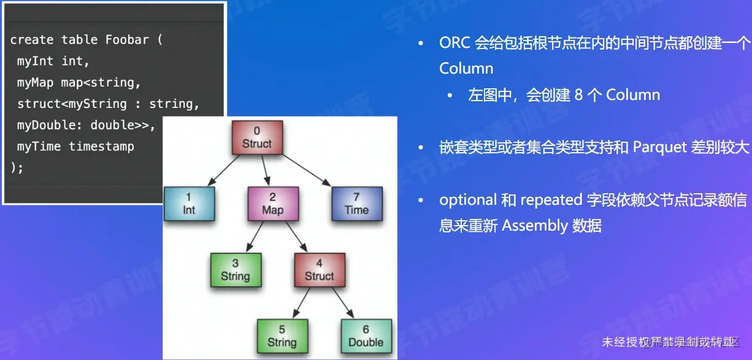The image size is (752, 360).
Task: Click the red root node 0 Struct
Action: tap(257, 137)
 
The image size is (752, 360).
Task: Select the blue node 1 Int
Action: tap(189, 204)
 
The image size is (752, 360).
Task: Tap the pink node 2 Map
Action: tap(272, 204)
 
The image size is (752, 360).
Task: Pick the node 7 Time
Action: tap(356, 204)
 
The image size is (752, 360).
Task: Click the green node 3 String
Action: tap(236, 270)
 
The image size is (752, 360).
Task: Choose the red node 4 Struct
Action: tap(319, 270)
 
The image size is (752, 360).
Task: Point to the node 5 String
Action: tap(282, 336)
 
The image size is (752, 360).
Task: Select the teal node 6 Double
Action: tap(366, 336)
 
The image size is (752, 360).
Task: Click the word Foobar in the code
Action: tap(127, 40)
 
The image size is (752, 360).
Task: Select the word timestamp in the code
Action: tap(101, 147)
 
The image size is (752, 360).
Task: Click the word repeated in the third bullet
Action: tap(550, 200)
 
